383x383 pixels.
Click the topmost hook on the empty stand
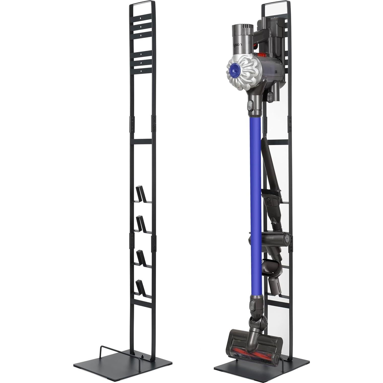pos(140,194)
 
